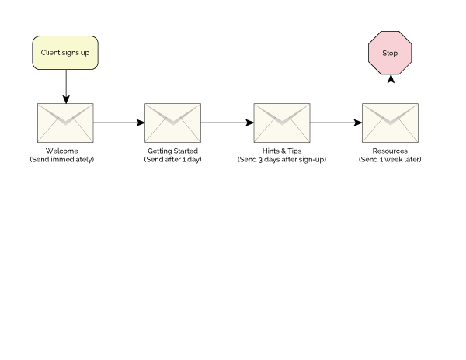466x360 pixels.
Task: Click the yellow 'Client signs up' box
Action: (65, 52)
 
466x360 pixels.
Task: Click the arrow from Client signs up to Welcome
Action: (65, 85)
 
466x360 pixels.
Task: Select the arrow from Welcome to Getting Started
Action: (119, 123)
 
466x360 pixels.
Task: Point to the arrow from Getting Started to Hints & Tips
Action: (228, 123)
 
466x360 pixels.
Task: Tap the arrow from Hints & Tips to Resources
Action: (336, 123)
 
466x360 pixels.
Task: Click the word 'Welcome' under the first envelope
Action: (62, 151)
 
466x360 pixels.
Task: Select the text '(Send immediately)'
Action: (62, 159)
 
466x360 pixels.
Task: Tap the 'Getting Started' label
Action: (173, 151)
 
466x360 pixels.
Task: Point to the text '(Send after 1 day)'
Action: (173, 159)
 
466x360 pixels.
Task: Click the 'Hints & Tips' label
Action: (282, 151)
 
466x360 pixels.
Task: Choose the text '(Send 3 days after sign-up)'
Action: (282, 159)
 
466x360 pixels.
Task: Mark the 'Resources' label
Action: (390, 151)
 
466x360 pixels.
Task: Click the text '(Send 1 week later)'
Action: (390, 159)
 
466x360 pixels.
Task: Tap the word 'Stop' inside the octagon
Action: (390, 53)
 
